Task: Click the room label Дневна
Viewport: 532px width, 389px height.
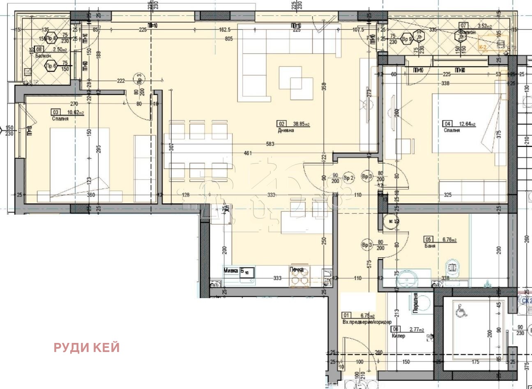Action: [286, 130]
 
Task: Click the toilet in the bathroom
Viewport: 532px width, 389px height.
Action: [452, 267]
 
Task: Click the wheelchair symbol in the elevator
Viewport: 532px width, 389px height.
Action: [462, 312]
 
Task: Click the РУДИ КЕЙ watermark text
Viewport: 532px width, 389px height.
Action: [87, 347]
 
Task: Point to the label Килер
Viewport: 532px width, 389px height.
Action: [398, 336]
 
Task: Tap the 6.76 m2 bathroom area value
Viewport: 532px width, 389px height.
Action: [448, 240]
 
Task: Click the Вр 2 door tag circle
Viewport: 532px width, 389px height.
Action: [348, 178]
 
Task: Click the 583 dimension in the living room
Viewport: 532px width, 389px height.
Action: [270, 144]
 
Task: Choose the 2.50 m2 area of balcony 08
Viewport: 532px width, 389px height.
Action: [55, 49]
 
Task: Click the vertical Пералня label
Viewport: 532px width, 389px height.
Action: [416, 303]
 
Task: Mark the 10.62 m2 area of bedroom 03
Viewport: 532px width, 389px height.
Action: [76, 112]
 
